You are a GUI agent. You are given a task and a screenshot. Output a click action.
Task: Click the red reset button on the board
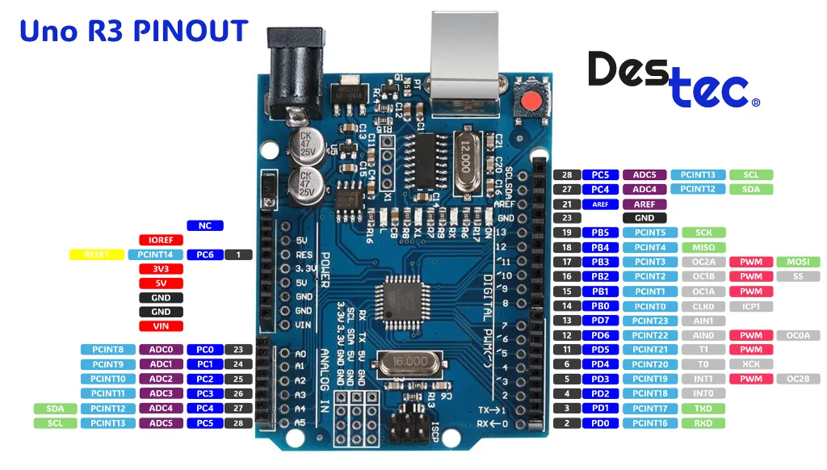531,102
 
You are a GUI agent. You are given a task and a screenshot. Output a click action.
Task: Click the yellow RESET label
95,254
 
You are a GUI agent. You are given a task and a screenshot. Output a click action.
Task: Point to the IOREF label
161,240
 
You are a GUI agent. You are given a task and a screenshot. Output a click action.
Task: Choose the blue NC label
205,225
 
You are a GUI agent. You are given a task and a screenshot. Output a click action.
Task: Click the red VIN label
161,326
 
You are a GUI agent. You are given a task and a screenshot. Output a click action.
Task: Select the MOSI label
798,262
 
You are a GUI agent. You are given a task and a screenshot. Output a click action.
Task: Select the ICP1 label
751,306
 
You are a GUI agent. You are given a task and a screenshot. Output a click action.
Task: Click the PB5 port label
600,233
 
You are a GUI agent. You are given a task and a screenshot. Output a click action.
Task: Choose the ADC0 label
161,350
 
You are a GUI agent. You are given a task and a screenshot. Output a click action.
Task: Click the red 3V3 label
161,269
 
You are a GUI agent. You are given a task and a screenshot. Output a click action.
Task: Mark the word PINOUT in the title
191,31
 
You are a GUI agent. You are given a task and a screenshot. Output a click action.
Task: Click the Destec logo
673,79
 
